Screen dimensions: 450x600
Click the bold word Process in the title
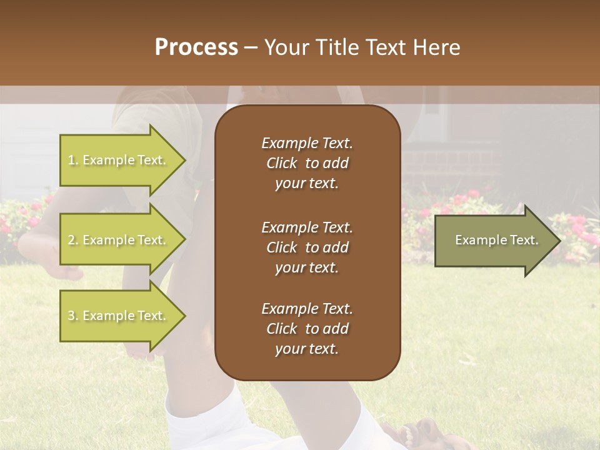point(196,47)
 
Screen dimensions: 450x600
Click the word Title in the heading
point(338,47)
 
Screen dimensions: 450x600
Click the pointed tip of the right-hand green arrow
point(559,241)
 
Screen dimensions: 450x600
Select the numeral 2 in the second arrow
point(71,240)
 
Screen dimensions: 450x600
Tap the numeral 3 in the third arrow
point(71,316)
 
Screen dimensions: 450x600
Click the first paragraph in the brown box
point(307,163)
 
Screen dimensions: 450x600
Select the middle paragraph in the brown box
point(307,247)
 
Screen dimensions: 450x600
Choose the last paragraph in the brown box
point(307,329)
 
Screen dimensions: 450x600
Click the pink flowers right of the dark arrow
point(578,237)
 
